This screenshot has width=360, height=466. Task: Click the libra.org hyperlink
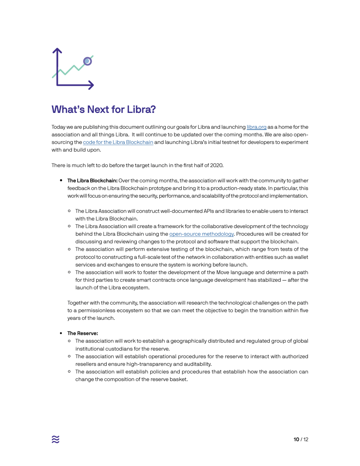click(x=257, y=127)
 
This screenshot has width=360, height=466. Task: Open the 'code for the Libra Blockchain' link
click(x=118, y=142)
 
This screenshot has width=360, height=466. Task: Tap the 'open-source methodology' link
click(x=201, y=234)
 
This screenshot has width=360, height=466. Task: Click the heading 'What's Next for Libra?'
click(x=103, y=109)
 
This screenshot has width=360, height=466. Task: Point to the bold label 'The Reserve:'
click(x=83, y=333)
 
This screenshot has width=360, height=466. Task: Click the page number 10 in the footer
click(x=296, y=439)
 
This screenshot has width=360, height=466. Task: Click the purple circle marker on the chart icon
click(x=87, y=61)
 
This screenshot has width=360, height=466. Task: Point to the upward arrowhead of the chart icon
click(x=57, y=50)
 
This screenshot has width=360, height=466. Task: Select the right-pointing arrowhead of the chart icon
click(x=91, y=85)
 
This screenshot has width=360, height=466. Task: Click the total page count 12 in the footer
click(x=306, y=439)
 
